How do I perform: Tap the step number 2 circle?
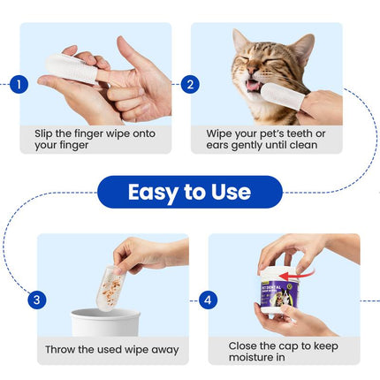pyautogui.click(x=190, y=85)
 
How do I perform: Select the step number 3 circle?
pyautogui.click(x=36, y=300)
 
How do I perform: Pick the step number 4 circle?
pyautogui.click(x=208, y=300)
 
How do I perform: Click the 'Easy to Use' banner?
pyautogui.click(x=189, y=192)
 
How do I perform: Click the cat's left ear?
pyautogui.click(x=240, y=41)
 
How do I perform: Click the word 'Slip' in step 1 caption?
pyautogui.click(x=45, y=133)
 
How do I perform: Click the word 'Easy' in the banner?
pyautogui.click(x=156, y=192)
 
